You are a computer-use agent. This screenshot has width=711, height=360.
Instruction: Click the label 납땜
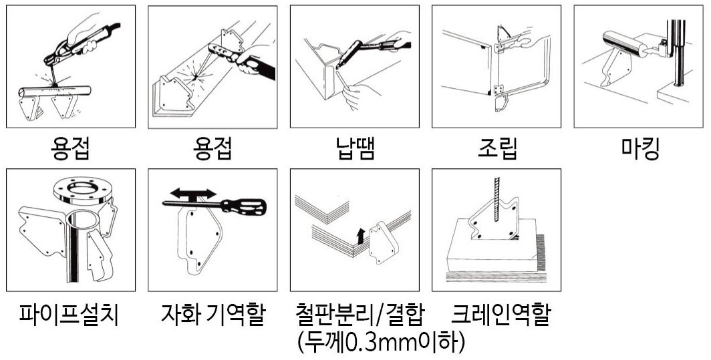pyautogui.click(x=355, y=148)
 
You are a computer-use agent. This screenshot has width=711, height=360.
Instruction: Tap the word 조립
pyautogui.click(x=497, y=148)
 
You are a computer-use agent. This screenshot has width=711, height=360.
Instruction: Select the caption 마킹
pyautogui.click(x=639, y=148)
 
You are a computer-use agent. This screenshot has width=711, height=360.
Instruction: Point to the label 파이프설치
pyautogui.click(x=69, y=314)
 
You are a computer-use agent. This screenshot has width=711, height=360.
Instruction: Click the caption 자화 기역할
pyautogui.click(x=212, y=314)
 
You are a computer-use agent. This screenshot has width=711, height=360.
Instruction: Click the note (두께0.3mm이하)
pyautogui.click(x=381, y=343)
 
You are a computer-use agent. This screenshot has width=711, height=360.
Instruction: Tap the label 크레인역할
pyautogui.click(x=500, y=314)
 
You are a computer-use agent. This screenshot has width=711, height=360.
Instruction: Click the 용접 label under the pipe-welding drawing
pyautogui.click(x=69, y=148)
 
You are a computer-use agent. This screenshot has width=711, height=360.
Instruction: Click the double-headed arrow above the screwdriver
pyautogui.click(x=194, y=194)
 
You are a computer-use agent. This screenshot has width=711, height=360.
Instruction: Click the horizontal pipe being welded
pyautogui.click(x=54, y=91)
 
